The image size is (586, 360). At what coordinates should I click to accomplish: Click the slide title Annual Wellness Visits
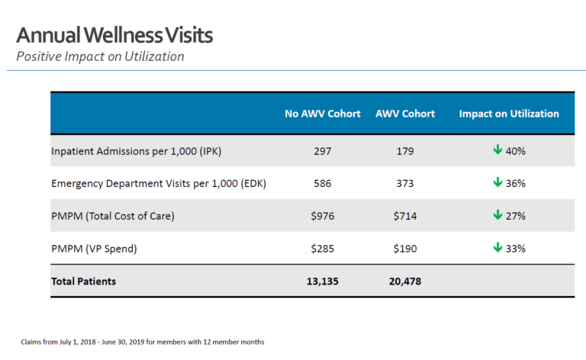(x=114, y=35)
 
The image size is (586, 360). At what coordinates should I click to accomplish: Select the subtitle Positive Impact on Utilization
(x=100, y=57)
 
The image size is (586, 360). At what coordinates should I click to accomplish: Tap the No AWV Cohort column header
(x=323, y=114)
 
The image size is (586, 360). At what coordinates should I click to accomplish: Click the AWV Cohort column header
(x=404, y=114)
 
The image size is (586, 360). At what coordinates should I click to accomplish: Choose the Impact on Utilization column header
(x=509, y=114)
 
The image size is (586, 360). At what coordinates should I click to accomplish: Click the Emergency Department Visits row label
(x=158, y=184)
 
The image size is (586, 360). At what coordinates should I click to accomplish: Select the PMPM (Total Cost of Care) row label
(x=113, y=216)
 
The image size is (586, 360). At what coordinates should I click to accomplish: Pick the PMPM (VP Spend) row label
(x=98, y=249)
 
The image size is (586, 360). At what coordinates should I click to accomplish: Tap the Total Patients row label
(x=84, y=281)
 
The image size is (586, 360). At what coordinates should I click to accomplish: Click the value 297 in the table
(x=323, y=151)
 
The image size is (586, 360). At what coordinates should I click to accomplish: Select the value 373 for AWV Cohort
(x=404, y=184)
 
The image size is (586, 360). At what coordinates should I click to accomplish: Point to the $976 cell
(x=323, y=216)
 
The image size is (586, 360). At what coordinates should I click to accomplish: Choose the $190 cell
(x=404, y=249)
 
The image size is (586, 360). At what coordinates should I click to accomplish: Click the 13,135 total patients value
(x=323, y=281)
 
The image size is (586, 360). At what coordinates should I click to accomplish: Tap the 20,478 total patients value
(x=404, y=281)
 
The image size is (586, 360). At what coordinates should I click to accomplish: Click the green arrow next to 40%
(x=497, y=150)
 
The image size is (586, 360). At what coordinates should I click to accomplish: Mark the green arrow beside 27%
(x=497, y=215)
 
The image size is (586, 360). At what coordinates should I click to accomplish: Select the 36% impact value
(x=516, y=184)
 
